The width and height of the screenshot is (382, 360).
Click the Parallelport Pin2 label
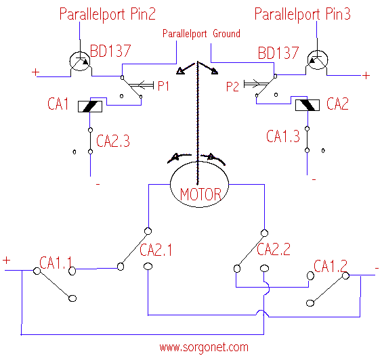108,14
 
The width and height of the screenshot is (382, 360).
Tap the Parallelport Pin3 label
303,14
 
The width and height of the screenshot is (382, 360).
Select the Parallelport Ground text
201,34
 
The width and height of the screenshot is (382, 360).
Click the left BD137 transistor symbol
80,61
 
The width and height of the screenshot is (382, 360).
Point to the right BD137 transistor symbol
318,60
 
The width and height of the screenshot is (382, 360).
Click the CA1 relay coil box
90,106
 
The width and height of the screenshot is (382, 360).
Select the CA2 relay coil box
307,105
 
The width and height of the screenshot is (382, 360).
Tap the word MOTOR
200,194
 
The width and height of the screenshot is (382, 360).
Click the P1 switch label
163,86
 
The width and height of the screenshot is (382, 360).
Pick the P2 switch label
233,87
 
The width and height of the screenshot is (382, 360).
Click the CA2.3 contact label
113,141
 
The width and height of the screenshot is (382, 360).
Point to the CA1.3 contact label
283,136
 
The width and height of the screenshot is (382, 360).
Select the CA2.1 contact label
156,250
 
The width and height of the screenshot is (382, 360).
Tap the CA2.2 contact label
274,249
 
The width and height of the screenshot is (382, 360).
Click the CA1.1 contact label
56,263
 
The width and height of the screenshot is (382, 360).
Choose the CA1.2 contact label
331,266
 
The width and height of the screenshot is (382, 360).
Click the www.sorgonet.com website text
204,347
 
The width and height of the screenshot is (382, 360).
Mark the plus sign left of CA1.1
7,261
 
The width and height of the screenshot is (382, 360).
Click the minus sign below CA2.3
98,185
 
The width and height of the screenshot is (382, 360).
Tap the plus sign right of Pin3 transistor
366,76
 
